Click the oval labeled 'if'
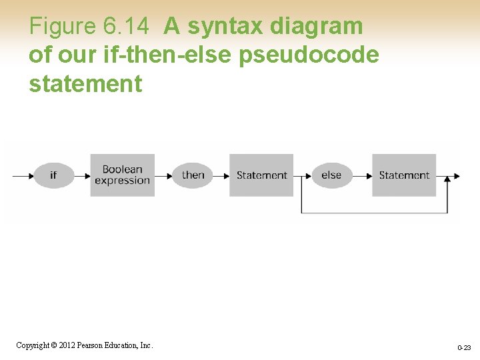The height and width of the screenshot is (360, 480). click(53, 175)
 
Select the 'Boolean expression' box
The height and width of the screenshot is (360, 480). click(122, 175)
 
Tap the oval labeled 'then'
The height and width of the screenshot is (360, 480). click(193, 175)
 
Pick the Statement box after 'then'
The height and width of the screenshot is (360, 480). click(261, 175)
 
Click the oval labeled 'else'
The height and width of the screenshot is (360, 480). click(331, 175)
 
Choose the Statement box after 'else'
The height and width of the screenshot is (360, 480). click(404, 175)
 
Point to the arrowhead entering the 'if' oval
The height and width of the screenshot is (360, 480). click(30, 176)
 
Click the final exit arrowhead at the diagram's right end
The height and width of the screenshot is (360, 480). click(456, 176)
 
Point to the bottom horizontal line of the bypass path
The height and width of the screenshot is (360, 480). click(373, 213)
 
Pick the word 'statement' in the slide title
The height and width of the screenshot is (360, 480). click(85, 84)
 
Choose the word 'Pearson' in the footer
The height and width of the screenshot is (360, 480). click(91, 345)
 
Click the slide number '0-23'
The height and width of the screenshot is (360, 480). click(464, 348)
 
